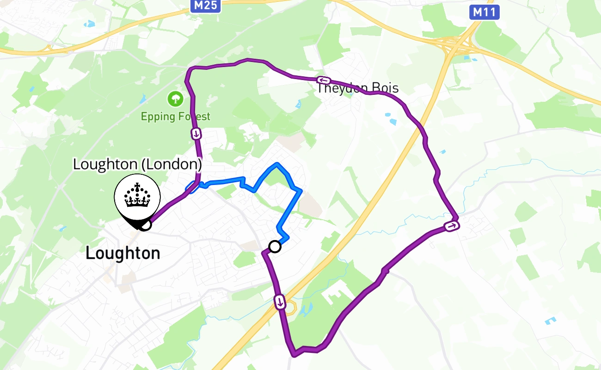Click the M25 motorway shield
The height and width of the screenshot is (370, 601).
pos(205,6)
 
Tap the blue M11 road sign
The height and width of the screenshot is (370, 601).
pos(484,12)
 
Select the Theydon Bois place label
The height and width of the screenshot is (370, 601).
pos(357,88)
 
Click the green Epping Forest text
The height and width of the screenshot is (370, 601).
pos(176,117)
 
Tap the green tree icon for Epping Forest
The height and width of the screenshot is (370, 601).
pos(175,99)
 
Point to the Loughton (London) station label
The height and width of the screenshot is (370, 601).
pos(137,164)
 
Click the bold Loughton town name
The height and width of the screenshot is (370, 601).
pos(123,253)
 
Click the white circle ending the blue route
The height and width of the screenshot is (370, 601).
pos(275,247)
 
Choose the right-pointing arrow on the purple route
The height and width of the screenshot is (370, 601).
pos(451,226)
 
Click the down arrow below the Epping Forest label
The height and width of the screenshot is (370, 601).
pos(196,134)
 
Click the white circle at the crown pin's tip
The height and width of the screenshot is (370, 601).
pos(145,225)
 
